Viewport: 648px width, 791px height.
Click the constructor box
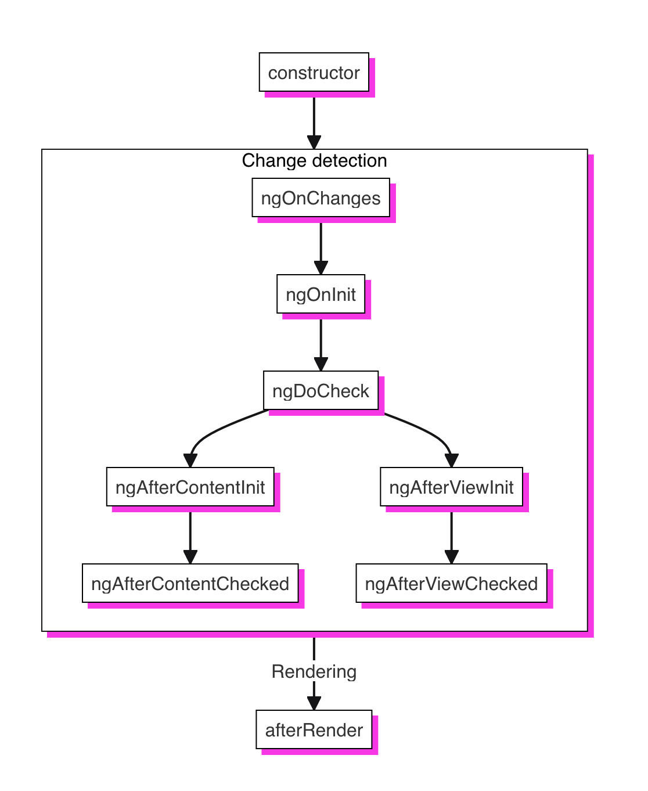[314, 72]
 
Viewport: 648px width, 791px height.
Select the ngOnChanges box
[321, 197]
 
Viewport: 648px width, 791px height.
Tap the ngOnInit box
[321, 294]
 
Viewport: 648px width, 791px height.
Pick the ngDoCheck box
[321, 390]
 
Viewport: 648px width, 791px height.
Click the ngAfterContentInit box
[190, 487]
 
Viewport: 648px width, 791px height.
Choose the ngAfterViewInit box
[451, 487]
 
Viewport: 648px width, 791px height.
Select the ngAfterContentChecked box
[190, 583]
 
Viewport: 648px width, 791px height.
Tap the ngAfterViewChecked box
[451, 583]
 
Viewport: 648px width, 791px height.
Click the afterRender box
[314, 730]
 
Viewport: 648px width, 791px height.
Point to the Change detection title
[314, 160]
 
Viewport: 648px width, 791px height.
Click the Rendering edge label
[314, 671]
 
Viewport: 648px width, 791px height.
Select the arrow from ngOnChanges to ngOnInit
[321, 249]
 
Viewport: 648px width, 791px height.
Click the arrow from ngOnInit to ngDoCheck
[321, 345]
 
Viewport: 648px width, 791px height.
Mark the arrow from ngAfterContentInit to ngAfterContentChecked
[190, 538]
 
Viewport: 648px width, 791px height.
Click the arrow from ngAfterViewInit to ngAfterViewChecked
[451, 538]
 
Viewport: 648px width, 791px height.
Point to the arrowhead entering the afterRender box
[314, 703]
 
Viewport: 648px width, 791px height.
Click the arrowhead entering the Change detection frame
[314, 142]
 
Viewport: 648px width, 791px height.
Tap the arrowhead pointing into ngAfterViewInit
[452, 461]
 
